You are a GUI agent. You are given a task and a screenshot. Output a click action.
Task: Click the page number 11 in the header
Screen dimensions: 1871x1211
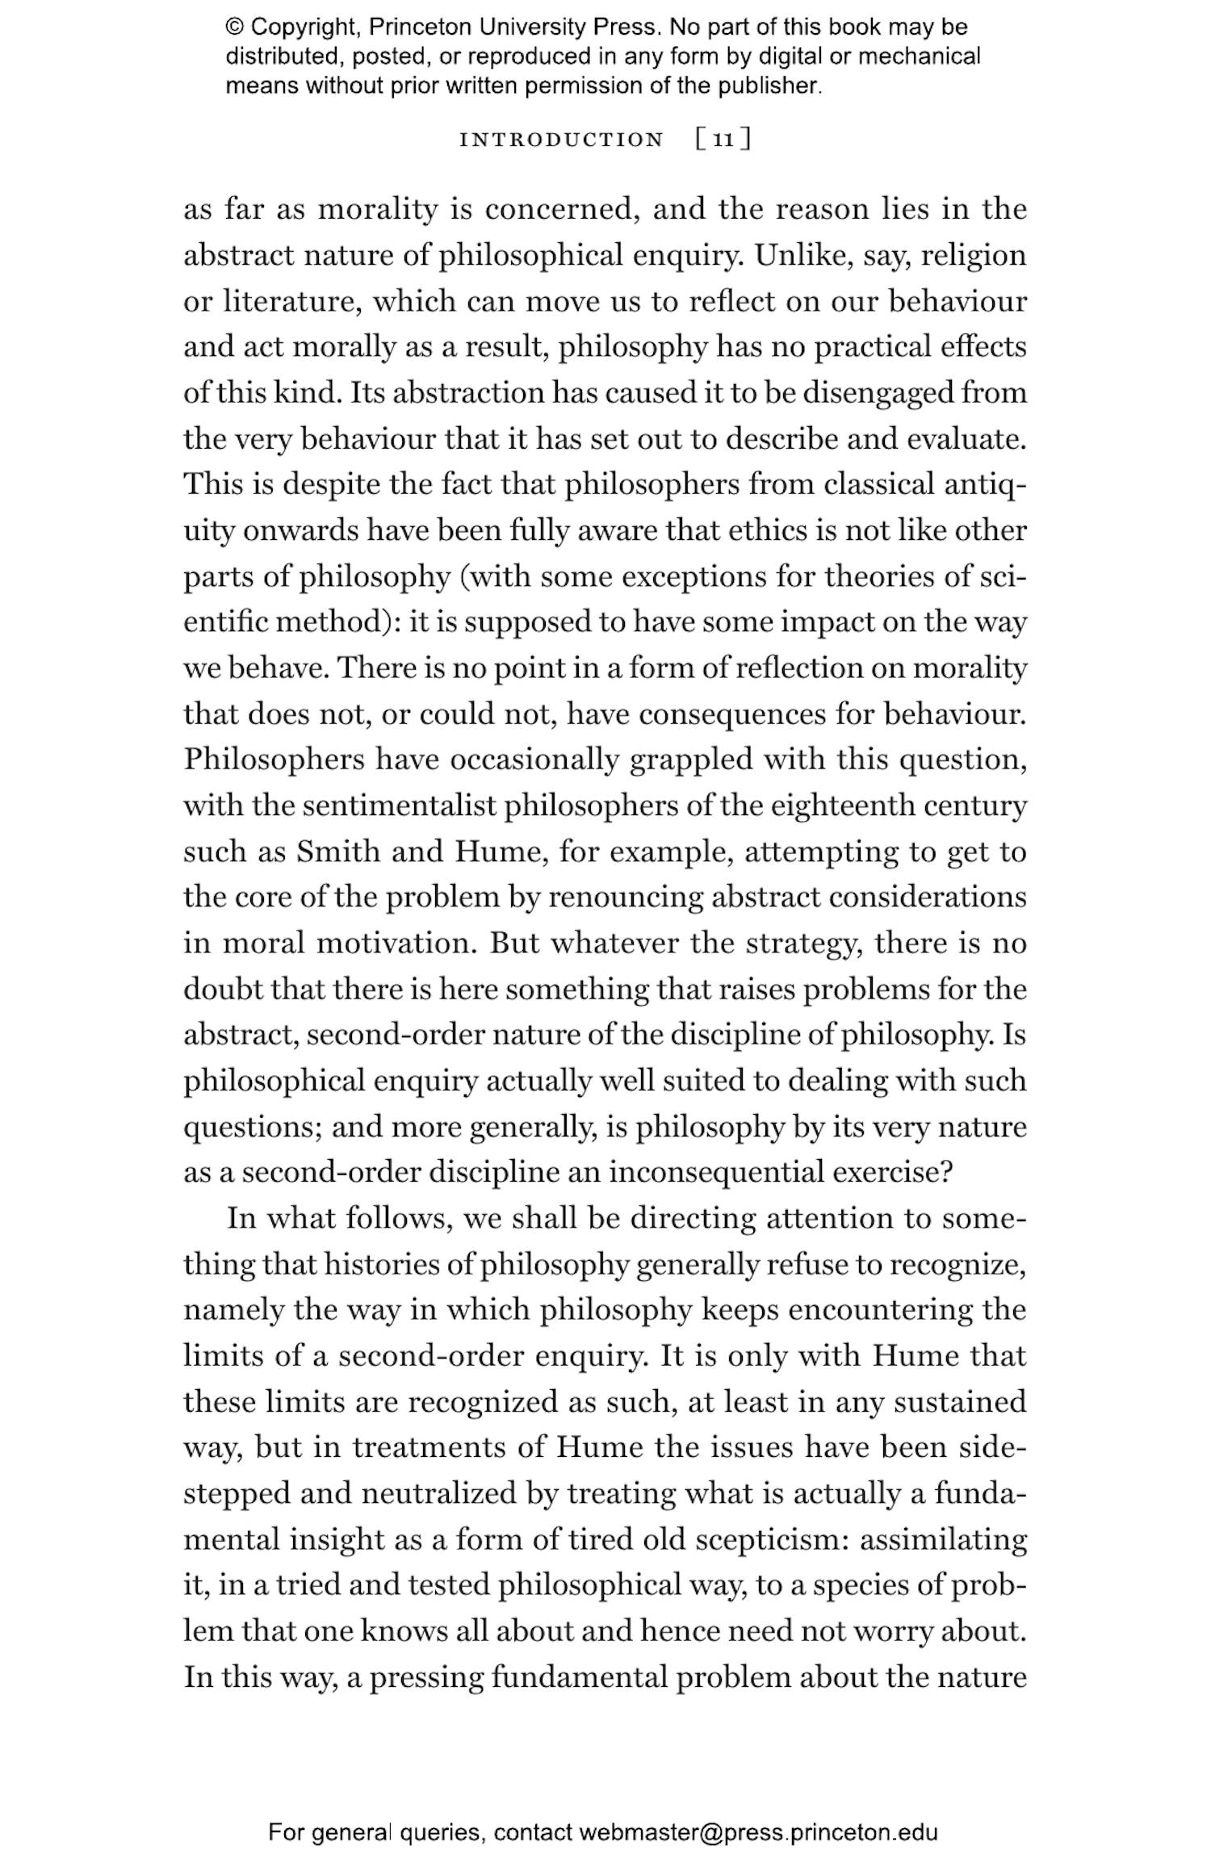tap(723, 140)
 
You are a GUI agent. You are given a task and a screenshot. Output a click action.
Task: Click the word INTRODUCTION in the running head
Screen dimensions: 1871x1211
tap(561, 140)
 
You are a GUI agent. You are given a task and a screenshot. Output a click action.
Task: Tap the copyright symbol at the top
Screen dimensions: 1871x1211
tap(235, 27)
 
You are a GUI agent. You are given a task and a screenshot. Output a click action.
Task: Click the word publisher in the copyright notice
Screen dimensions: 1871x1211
tap(768, 86)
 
